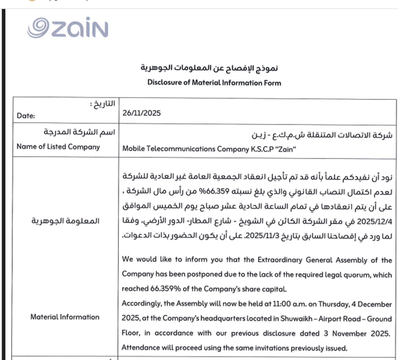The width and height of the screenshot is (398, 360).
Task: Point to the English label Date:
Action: [26, 115]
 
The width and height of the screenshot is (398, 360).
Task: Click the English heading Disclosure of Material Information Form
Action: [214, 82]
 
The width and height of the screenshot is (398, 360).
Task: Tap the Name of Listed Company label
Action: [58, 146]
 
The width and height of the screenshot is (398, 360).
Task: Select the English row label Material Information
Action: [65, 317]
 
